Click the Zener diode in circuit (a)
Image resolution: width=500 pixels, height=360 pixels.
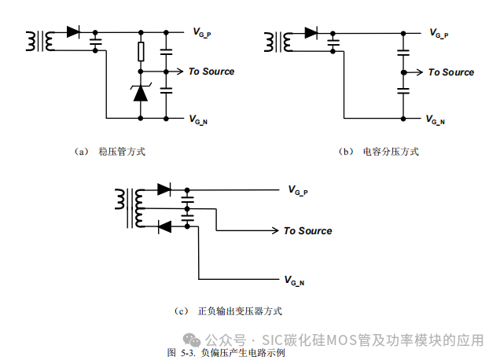point(141,93)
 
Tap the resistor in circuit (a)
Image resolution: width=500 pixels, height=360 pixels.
point(141,53)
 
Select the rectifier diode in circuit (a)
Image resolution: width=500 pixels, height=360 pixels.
point(74,32)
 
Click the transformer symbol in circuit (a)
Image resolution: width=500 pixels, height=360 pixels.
point(39,41)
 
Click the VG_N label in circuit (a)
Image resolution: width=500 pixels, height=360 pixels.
point(199,119)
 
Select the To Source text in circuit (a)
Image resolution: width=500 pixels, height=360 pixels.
point(211,72)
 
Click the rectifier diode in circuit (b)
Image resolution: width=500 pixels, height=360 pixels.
point(311,33)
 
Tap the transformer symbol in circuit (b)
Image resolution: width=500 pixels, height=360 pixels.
point(277,41)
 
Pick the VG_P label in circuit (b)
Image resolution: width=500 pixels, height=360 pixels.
point(438,33)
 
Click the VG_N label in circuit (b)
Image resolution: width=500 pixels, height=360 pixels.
point(436,120)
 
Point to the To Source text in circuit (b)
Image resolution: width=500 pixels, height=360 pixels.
point(450,72)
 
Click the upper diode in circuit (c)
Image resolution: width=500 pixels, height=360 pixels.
point(164,189)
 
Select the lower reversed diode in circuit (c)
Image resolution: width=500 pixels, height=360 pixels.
point(164,227)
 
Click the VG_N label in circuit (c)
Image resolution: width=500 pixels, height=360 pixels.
point(296,280)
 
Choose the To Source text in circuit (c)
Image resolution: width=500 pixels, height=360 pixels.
point(307,231)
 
